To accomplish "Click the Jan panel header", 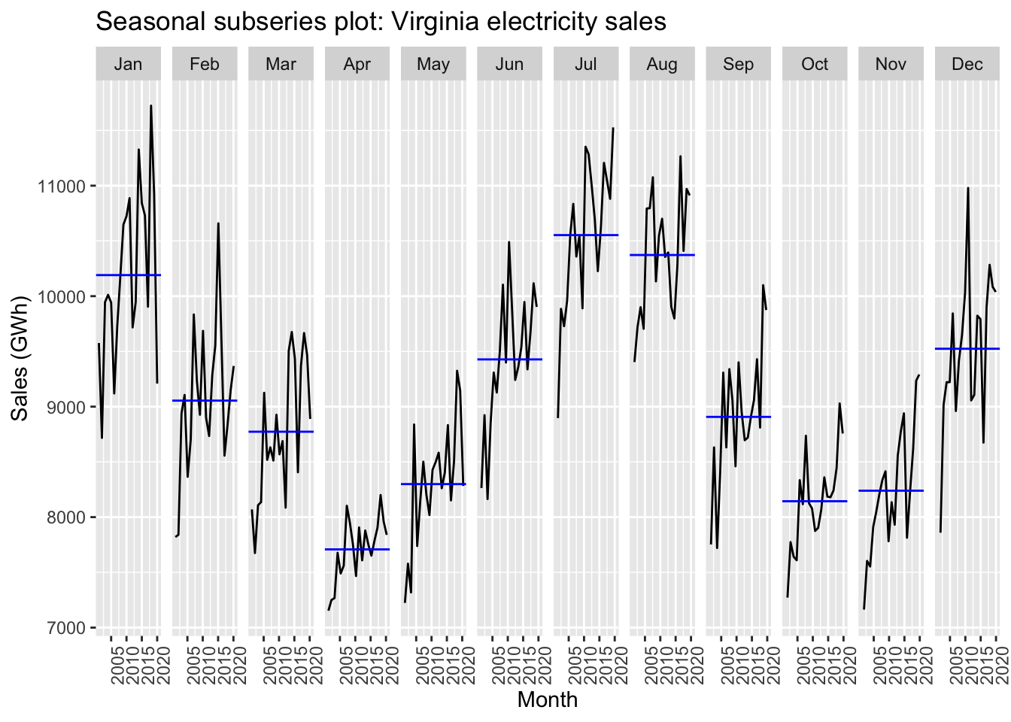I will (128, 64).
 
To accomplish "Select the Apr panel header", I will (357, 64).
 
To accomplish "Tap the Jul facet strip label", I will (585, 64).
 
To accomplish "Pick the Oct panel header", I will (814, 64).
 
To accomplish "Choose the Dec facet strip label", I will (967, 64).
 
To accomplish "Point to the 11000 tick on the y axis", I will (62, 186).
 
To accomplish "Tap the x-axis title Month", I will (547, 699).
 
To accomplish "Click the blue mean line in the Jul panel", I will (585, 235).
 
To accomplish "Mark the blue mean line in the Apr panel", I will (357, 549).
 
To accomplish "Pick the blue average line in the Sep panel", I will (738, 417).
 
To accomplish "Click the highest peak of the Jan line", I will (151, 106).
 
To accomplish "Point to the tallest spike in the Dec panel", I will (968, 188).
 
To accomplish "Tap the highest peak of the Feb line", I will (218, 223).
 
